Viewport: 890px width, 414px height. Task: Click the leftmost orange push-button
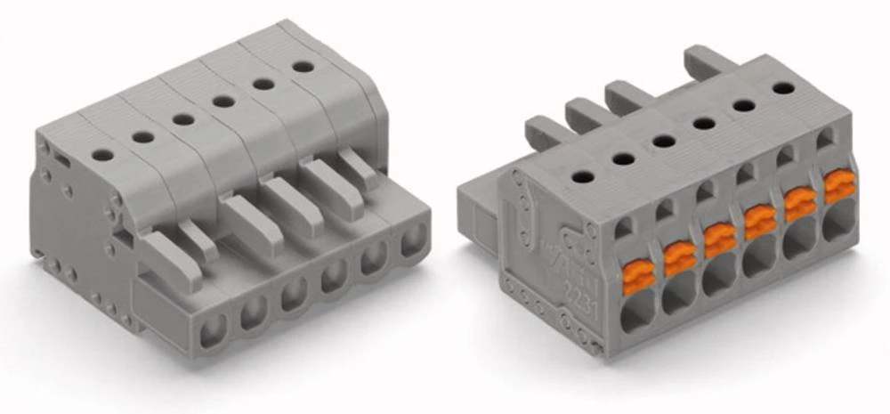click(638, 276)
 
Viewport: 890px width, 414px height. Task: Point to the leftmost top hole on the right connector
click(582, 176)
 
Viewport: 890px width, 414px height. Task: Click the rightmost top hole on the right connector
click(783, 88)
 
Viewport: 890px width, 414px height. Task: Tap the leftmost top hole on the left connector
click(102, 154)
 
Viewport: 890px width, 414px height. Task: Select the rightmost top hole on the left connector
click(303, 67)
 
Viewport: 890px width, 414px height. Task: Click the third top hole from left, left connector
click(183, 118)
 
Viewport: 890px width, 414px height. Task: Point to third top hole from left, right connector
click(663, 141)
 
